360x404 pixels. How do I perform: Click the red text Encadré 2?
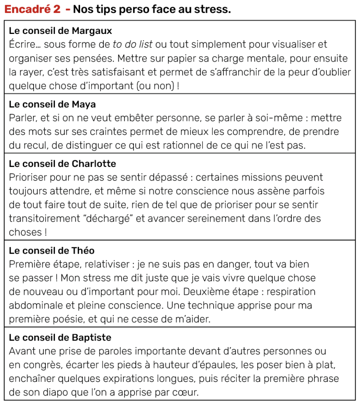click(33, 9)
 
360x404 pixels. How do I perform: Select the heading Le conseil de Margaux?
click(60, 31)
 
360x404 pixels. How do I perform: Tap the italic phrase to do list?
click(133, 45)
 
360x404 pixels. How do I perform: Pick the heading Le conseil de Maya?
click(52, 105)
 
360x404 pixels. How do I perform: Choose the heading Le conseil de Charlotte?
click(62, 163)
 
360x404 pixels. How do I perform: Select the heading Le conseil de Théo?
click(51, 251)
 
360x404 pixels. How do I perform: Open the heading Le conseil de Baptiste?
click(60, 338)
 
